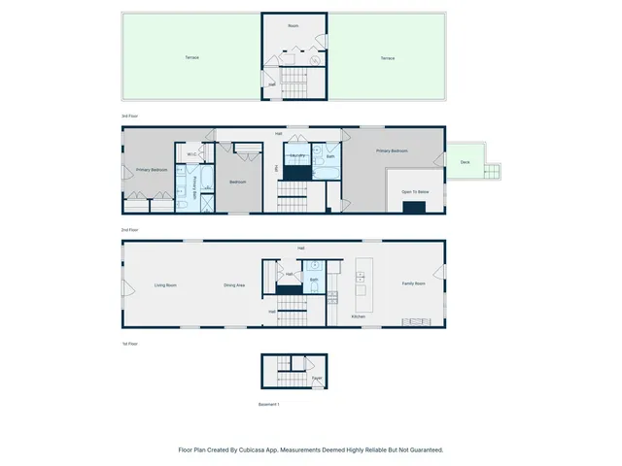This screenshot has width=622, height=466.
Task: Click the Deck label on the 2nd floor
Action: tap(465, 162)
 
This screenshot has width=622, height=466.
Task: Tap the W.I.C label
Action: tap(192, 153)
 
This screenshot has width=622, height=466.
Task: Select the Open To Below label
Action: tap(415, 192)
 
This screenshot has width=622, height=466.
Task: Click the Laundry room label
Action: tap(297, 155)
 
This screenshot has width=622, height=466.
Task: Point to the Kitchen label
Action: tap(358, 317)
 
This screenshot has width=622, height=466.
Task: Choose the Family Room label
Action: tap(414, 283)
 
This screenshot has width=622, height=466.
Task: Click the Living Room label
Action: tap(165, 284)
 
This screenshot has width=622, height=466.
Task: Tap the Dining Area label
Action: tap(234, 284)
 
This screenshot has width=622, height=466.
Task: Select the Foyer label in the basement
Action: tap(317, 378)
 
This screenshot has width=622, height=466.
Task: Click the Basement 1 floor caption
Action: tap(269, 404)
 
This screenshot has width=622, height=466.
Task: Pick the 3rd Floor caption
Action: tap(129, 116)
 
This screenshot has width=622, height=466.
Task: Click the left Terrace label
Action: tap(191, 57)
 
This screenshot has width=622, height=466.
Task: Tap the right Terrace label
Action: tap(387, 58)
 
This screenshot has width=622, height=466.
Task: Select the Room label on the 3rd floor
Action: tap(294, 25)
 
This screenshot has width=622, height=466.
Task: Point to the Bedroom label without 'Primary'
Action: tap(238, 182)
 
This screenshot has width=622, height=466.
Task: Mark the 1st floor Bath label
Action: tap(314, 280)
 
